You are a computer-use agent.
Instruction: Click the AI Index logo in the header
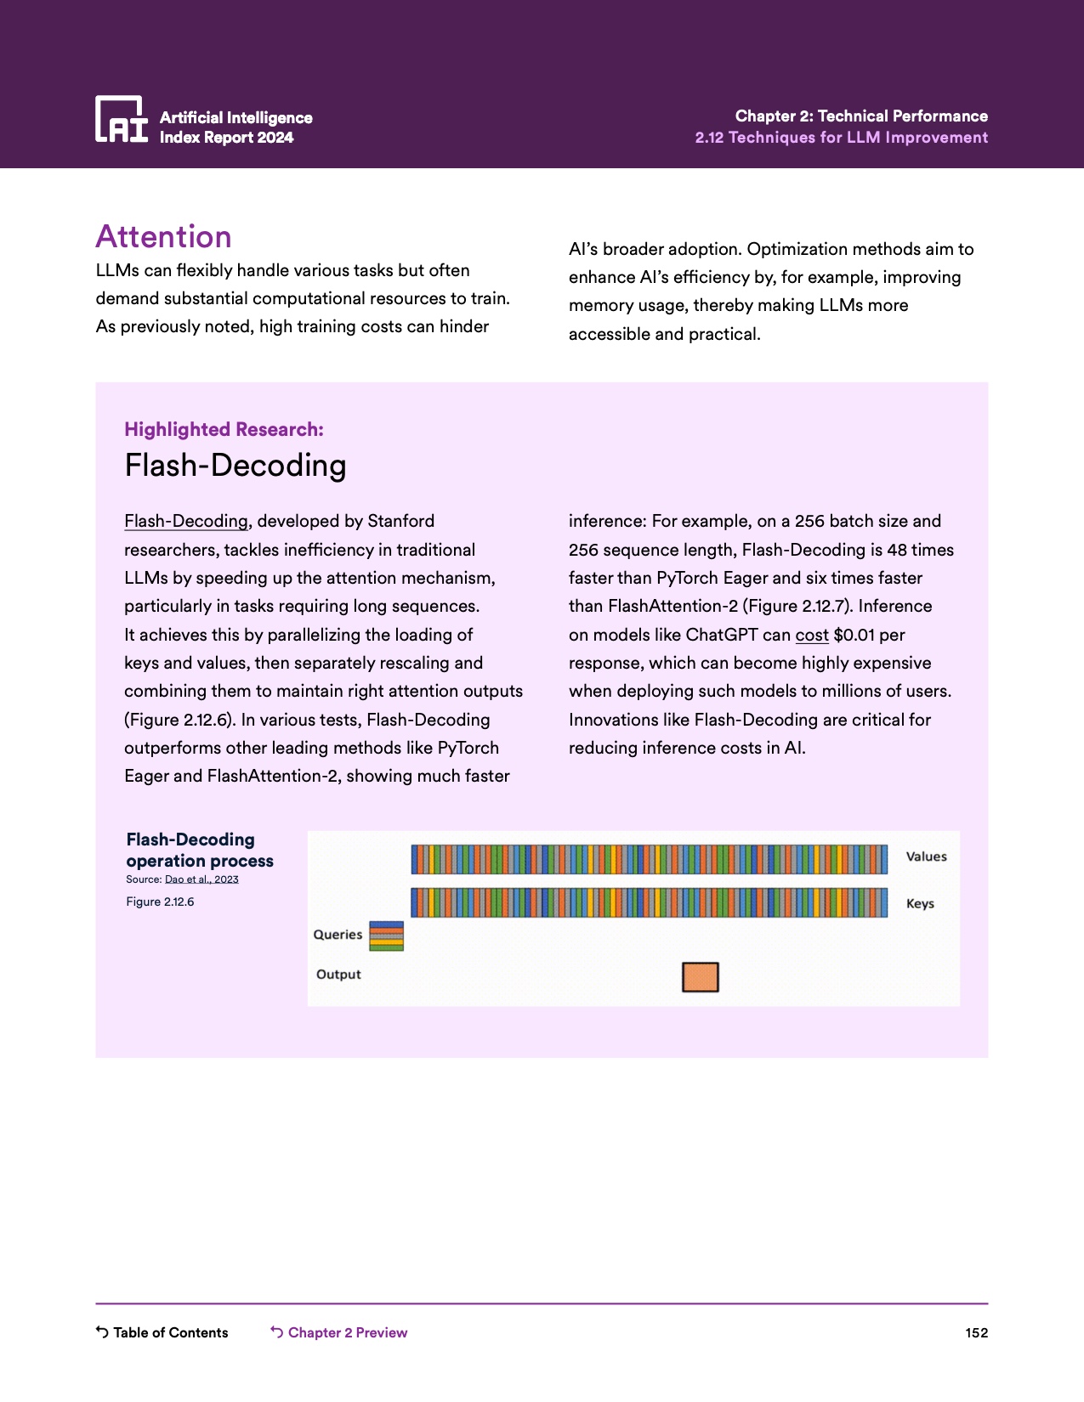122,119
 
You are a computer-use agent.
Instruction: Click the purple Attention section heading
163,236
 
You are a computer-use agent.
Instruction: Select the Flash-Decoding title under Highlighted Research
236,466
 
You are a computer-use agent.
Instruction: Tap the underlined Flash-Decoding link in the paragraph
186,521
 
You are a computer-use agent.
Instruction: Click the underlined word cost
812,635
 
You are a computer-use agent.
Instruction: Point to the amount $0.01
854,635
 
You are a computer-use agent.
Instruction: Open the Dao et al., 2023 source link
201,879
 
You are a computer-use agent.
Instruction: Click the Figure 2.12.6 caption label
160,902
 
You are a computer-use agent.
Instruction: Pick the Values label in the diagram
926,856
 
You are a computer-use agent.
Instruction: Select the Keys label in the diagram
920,903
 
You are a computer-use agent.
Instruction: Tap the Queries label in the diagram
338,935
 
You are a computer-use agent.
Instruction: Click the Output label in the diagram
338,975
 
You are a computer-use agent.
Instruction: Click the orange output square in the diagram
701,977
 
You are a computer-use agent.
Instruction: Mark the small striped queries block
386,936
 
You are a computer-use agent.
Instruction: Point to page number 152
977,1332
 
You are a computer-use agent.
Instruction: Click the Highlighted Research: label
224,429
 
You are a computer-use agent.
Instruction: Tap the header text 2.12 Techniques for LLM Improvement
841,138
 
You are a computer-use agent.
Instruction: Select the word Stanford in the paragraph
400,521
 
